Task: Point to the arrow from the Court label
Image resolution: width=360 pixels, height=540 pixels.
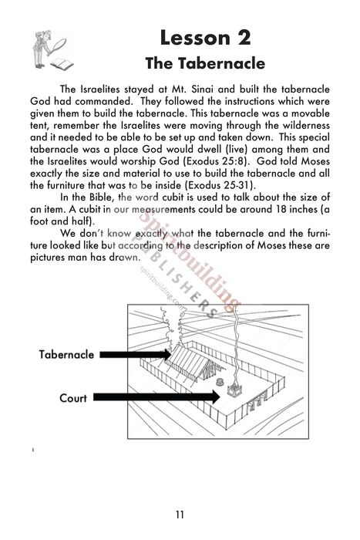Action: [162, 398]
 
